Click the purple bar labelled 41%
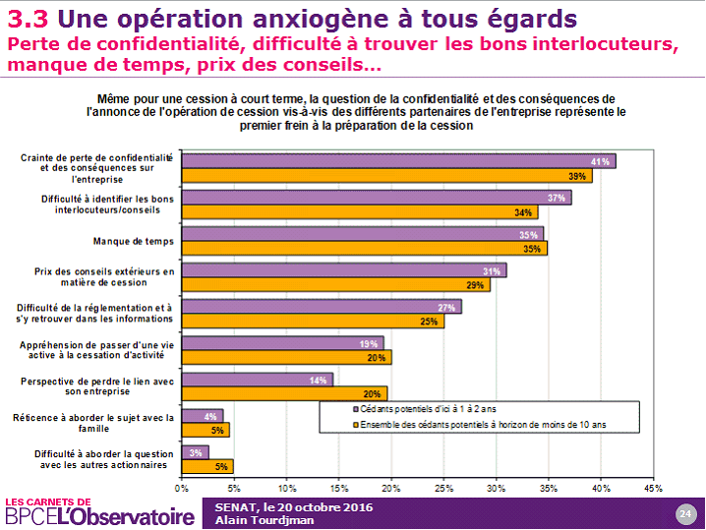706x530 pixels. pos(398,161)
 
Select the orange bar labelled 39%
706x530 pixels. pos(387,176)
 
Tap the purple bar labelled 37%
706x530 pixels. pos(377,198)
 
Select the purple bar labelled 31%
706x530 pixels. pos(344,270)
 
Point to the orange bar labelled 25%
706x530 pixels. pos(313,322)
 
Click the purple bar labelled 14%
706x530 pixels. pos(257,380)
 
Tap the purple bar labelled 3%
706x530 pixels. pos(195,452)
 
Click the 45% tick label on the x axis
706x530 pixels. pos(653,487)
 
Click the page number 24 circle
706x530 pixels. pos(685,512)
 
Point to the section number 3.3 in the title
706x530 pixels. pos(27,19)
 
